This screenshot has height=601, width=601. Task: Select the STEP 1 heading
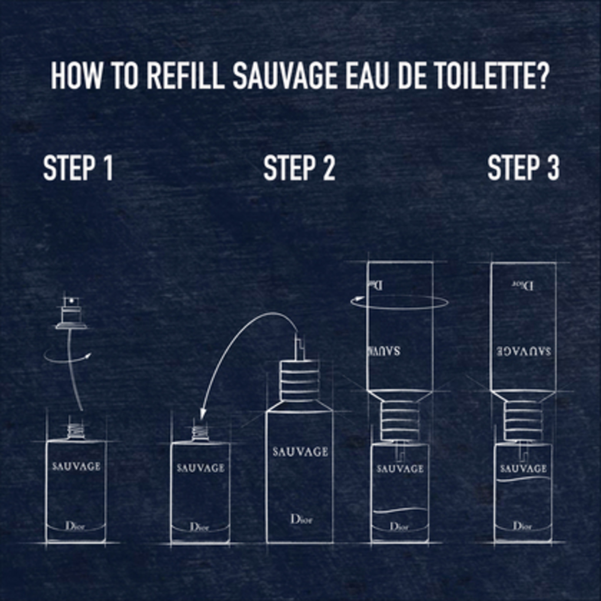click(78, 168)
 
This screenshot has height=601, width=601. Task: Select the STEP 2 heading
click(299, 168)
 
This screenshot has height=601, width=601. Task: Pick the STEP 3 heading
click(523, 168)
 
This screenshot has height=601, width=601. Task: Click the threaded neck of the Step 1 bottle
click(76, 431)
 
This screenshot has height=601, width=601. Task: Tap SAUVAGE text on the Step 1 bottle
click(76, 466)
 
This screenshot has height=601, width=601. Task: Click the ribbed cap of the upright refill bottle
click(299, 381)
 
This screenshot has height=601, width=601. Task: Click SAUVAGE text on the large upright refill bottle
click(300, 452)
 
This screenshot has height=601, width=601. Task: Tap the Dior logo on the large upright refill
click(301, 519)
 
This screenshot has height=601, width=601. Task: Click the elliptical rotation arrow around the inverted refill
click(399, 302)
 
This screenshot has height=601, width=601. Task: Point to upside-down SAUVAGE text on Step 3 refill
click(523, 352)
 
